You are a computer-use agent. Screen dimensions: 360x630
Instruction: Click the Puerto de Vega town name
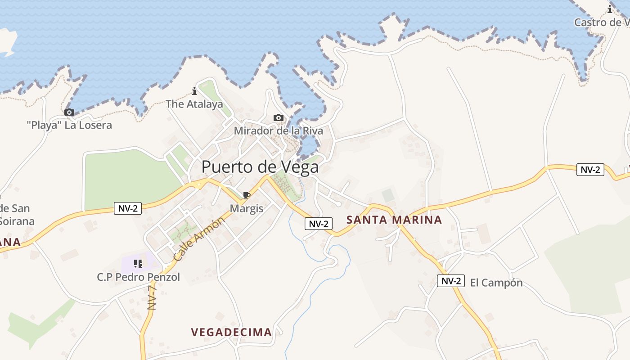[x=260, y=167]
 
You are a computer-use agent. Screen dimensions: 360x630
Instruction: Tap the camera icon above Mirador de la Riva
[x=279, y=118]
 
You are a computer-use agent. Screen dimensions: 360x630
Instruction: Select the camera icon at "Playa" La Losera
[x=69, y=112]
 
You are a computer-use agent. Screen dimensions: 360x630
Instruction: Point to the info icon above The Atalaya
[x=194, y=91]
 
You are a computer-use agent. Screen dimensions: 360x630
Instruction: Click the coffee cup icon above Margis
[x=246, y=195]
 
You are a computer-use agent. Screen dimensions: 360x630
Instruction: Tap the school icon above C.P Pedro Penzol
[x=138, y=263]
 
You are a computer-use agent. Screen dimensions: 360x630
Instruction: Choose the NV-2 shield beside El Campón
[x=450, y=281]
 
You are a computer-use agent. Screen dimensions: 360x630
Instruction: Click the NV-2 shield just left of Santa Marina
[x=319, y=224]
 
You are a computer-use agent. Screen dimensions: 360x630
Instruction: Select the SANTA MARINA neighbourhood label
[x=394, y=220]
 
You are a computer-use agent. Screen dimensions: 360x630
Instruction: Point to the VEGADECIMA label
[x=231, y=333]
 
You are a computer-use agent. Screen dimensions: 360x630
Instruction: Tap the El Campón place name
[x=496, y=283]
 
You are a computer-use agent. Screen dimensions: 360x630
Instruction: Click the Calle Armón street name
[x=198, y=239]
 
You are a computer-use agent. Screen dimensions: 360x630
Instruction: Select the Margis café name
[x=246, y=209]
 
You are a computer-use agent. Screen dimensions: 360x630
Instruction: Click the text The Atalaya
[x=194, y=104]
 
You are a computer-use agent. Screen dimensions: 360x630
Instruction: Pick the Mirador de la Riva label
[x=278, y=131]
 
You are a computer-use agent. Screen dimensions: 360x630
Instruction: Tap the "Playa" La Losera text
[x=69, y=125]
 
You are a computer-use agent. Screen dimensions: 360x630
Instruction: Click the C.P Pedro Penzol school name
[x=138, y=277]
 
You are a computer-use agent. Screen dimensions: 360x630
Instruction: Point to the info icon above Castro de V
[x=610, y=9]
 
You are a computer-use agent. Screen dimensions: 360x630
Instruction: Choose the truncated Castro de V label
[x=601, y=22]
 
